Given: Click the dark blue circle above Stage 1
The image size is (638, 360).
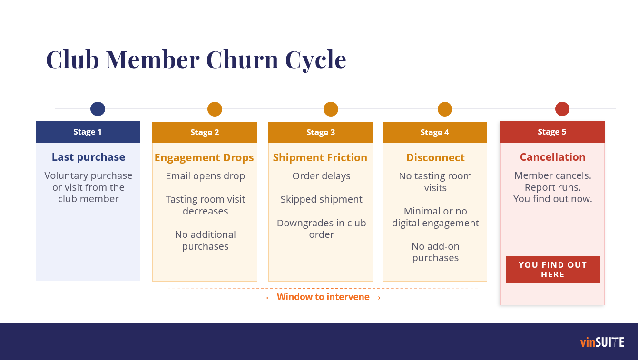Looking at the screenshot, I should [98, 109].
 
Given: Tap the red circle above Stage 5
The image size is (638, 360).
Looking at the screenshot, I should [562, 109].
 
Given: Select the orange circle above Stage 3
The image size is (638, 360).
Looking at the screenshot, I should [331, 109].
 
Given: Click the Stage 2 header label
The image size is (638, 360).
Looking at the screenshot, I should [205, 132].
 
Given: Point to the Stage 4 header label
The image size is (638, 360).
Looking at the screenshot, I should [435, 132].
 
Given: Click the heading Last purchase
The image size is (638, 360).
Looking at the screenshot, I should [88, 157].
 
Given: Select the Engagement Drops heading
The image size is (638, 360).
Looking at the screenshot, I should [204, 157].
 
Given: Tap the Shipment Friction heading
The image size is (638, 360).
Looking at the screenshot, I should [320, 157].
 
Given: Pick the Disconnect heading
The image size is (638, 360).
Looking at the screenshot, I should [435, 157].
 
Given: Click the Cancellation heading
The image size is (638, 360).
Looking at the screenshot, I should [552, 157].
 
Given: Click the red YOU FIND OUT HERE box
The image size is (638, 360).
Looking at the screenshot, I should [553, 270].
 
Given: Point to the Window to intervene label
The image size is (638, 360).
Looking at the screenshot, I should [324, 297].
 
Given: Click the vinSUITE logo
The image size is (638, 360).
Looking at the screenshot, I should [602, 342].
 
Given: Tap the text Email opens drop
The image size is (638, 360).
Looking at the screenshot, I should [206, 176].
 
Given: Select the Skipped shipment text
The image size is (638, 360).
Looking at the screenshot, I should [321, 199].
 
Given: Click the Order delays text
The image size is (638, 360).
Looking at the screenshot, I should [321, 176].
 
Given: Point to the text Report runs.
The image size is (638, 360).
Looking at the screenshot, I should [552, 187].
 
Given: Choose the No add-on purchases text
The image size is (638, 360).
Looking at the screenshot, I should [435, 252].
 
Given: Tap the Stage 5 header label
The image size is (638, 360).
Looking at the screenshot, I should [552, 132].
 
